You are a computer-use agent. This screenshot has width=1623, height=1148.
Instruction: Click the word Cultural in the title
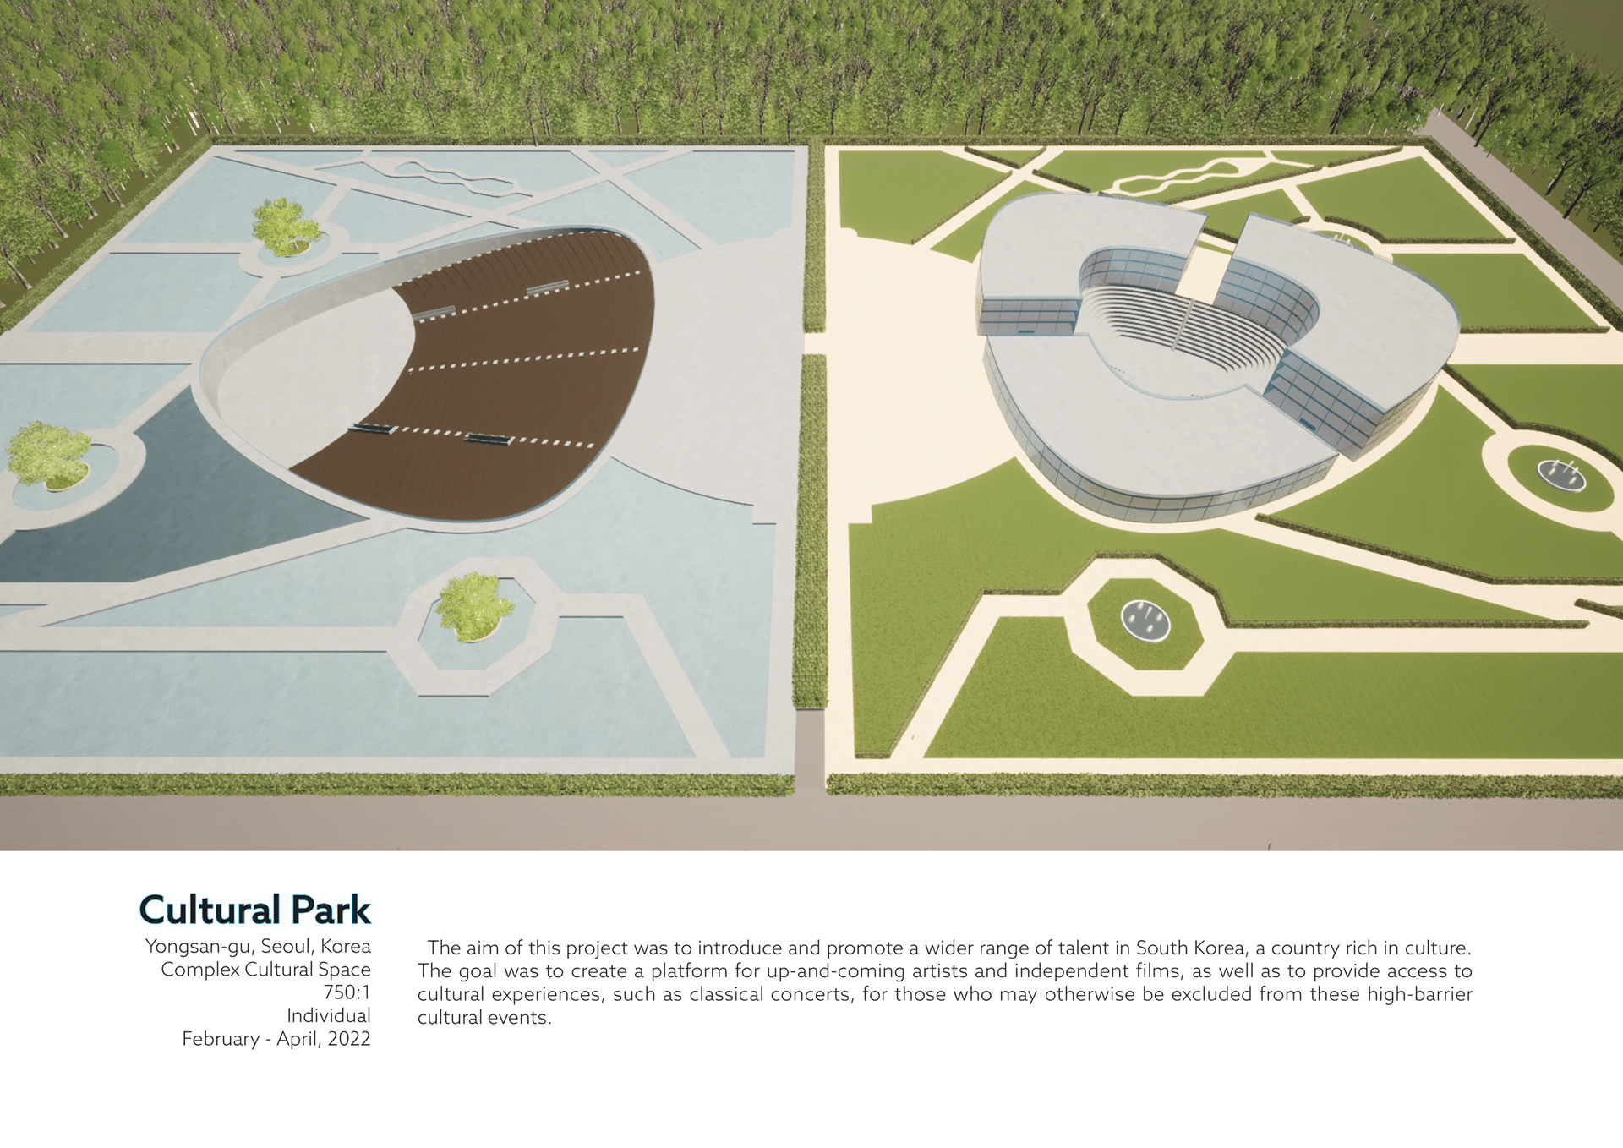coord(210,910)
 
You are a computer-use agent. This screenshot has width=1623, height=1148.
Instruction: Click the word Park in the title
coord(331,910)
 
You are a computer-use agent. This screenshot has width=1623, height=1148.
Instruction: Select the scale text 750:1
coord(347,992)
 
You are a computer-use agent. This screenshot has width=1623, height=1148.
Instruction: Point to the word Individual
coord(329,1015)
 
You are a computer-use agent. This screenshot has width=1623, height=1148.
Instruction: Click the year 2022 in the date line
coord(349,1039)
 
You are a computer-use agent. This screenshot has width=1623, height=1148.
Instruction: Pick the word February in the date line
coord(220,1039)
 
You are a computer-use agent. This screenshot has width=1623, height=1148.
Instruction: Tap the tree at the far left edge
coord(49,454)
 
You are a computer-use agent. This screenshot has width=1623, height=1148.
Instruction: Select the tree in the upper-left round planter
coord(285,226)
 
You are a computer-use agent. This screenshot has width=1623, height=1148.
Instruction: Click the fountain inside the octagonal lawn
coord(1145,620)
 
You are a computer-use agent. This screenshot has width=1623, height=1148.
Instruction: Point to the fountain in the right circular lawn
coord(1561,474)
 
